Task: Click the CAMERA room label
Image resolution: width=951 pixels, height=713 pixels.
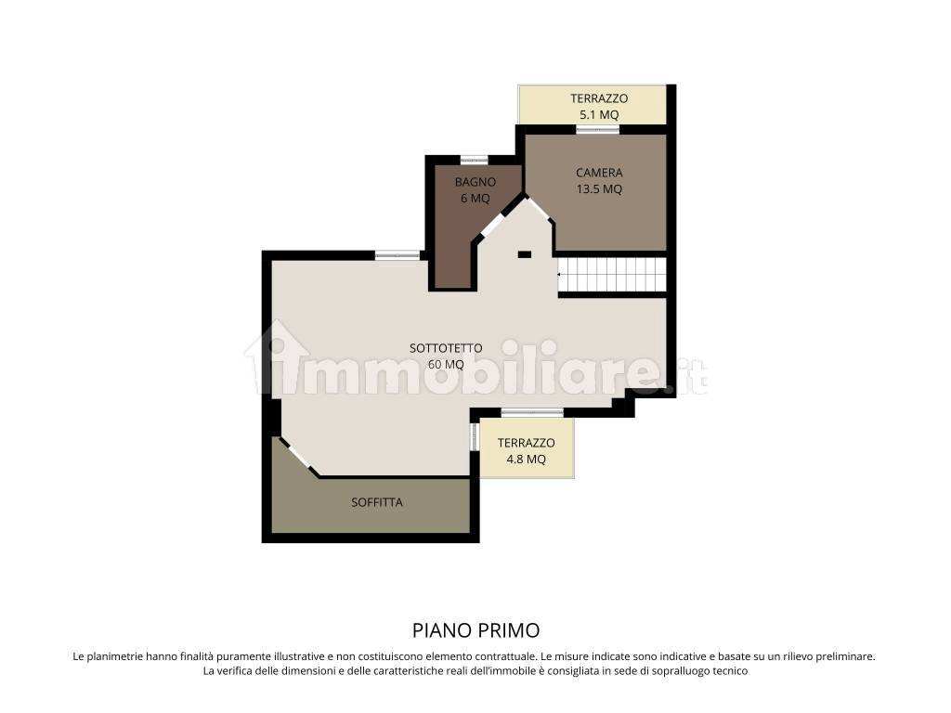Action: pos(599,173)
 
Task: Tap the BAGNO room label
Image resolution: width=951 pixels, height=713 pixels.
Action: pos(475,182)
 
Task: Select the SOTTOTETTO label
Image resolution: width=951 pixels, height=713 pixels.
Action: pos(446,348)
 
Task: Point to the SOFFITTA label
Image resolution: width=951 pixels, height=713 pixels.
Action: pos(377,502)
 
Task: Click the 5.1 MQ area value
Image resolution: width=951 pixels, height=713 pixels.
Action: pos(599,114)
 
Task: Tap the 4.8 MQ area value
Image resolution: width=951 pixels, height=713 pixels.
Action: pos(526,459)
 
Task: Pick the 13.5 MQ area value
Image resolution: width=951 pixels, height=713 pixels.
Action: pos(599,189)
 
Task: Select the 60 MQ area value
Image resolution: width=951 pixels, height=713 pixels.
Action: pos(446,364)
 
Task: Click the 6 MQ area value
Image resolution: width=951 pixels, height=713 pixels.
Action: pos(475,199)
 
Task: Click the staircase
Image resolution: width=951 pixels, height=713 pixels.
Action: pos(612,274)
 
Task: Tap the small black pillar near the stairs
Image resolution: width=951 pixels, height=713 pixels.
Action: pos(525,255)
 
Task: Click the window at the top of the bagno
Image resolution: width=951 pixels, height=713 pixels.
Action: pos(474,160)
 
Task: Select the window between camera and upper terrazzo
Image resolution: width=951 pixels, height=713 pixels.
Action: pos(597,129)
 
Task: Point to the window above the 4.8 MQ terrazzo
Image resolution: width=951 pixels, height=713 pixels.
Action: pos(532,413)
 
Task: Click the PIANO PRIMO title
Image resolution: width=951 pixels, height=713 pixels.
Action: pos(475,630)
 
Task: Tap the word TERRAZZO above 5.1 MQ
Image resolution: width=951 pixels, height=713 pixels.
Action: pos(599,98)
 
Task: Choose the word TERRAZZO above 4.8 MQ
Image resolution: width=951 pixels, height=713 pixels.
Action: pos(526,443)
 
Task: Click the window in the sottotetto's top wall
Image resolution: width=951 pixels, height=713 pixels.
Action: pos(397,255)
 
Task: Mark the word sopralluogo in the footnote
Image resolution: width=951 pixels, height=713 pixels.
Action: pos(667,671)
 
